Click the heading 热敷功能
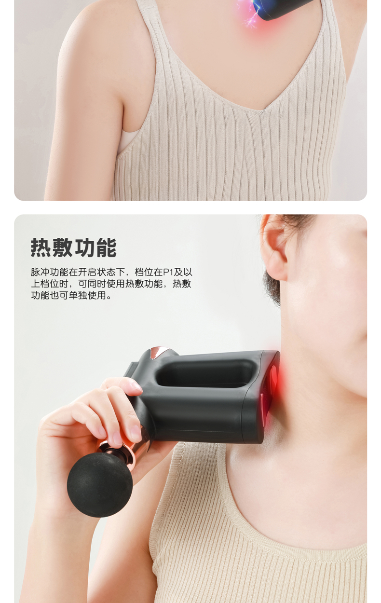[x=73, y=247]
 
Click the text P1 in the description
[x=168, y=272]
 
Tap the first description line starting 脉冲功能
[x=111, y=272]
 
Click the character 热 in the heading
[x=41, y=247]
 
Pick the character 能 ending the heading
[x=107, y=247]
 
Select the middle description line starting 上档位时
[x=111, y=284]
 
